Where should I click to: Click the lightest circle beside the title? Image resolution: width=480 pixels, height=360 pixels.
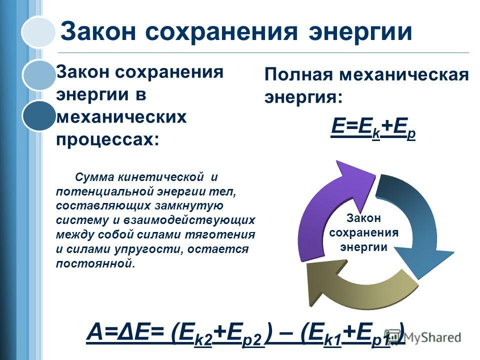[x=38, y=32]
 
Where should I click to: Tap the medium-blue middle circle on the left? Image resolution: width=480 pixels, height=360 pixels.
[x=39, y=75]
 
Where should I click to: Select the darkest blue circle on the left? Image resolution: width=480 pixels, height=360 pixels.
[x=39, y=115]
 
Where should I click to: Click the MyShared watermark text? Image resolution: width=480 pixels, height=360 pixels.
[x=432, y=337]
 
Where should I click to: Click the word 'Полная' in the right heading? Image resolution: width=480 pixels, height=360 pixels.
[x=298, y=74]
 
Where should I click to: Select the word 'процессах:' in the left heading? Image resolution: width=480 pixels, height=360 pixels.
[x=107, y=140]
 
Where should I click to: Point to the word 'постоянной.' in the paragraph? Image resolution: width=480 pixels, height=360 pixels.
[x=95, y=263]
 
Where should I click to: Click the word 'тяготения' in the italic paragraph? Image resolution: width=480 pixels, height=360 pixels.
[x=220, y=234]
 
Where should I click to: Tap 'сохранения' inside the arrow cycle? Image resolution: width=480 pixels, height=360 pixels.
[x=364, y=232]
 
